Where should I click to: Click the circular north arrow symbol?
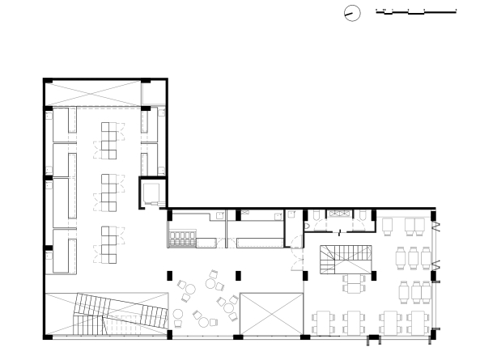click(351, 13)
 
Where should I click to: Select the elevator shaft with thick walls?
click(151, 193)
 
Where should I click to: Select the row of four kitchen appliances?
click(181, 239)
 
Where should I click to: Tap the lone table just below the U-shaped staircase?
click(356, 286)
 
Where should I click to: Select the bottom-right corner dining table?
click(418, 322)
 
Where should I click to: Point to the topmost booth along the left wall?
click(62, 124)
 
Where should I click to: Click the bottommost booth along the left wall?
click(62, 252)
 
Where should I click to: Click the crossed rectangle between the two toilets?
click(338, 213)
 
